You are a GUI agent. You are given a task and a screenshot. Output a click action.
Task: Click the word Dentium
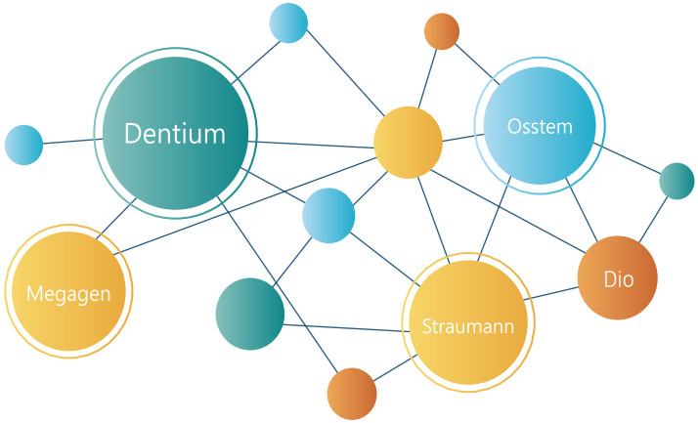175,134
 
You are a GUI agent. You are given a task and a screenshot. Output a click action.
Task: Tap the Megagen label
68,293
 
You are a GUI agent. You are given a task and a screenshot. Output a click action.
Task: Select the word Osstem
540,126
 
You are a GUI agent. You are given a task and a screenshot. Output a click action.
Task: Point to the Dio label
618,279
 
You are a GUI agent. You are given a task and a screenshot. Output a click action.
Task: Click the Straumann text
467,326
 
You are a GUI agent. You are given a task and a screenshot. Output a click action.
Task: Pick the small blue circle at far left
23,145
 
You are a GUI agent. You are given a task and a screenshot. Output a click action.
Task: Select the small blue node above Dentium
288,22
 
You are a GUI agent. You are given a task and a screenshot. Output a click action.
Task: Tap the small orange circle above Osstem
442,31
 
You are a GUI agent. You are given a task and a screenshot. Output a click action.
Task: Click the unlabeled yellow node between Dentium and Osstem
408,143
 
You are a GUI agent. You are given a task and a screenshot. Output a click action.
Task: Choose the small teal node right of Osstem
676,181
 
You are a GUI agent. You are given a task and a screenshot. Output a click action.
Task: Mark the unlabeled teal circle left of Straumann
250,314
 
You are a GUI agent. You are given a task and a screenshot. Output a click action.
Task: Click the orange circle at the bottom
352,394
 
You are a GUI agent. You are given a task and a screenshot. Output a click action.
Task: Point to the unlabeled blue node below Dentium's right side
328,215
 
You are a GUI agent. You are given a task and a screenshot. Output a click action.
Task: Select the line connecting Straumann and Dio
552,294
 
